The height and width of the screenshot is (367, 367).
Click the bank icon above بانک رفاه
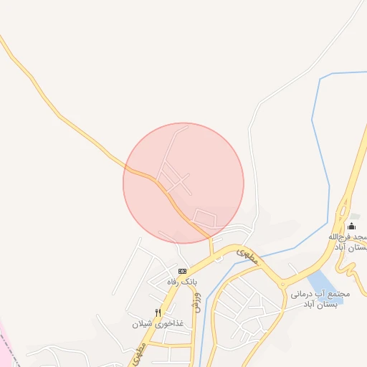click(x=182, y=271)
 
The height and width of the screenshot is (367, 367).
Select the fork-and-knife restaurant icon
click(x=158, y=313)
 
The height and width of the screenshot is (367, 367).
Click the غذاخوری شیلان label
click(x=157, y=324)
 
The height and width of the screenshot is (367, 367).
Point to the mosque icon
click(x=351, y=227)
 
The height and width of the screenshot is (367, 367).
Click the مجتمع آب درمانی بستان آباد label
click(x=320, y=299)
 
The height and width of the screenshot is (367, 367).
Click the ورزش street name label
click(x=198, y=302)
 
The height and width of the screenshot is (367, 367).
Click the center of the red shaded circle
click(x=183, y=183)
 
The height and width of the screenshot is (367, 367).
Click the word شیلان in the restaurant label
click(x=143, y=324)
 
